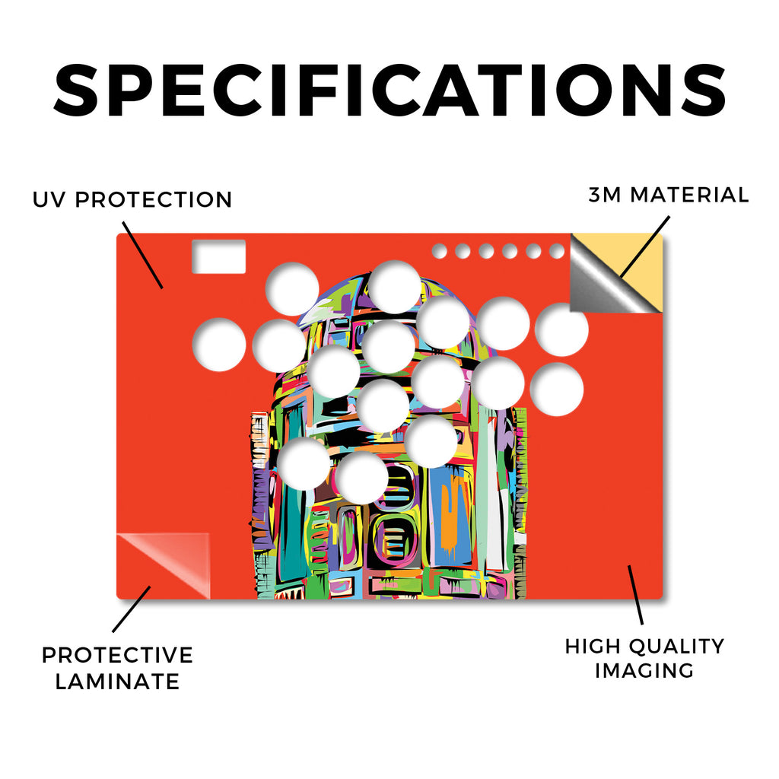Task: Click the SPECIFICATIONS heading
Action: (389, 91)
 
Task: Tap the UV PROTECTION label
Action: (132, 200)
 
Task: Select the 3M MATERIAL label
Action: (668, 195)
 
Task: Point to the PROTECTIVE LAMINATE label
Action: (117, 668)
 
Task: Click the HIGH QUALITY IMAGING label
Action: (644, 658)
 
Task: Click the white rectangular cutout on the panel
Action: (218, 256)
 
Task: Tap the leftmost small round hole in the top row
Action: (439, 251)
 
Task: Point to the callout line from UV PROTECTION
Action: (142, 255)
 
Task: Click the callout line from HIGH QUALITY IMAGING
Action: (635, 595)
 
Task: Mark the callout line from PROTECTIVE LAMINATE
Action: (131, 609)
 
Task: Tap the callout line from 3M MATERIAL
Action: (644, 247)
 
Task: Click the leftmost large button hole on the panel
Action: (219, 345)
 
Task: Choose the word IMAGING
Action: (644, 671)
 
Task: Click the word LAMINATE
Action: (117, 682)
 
